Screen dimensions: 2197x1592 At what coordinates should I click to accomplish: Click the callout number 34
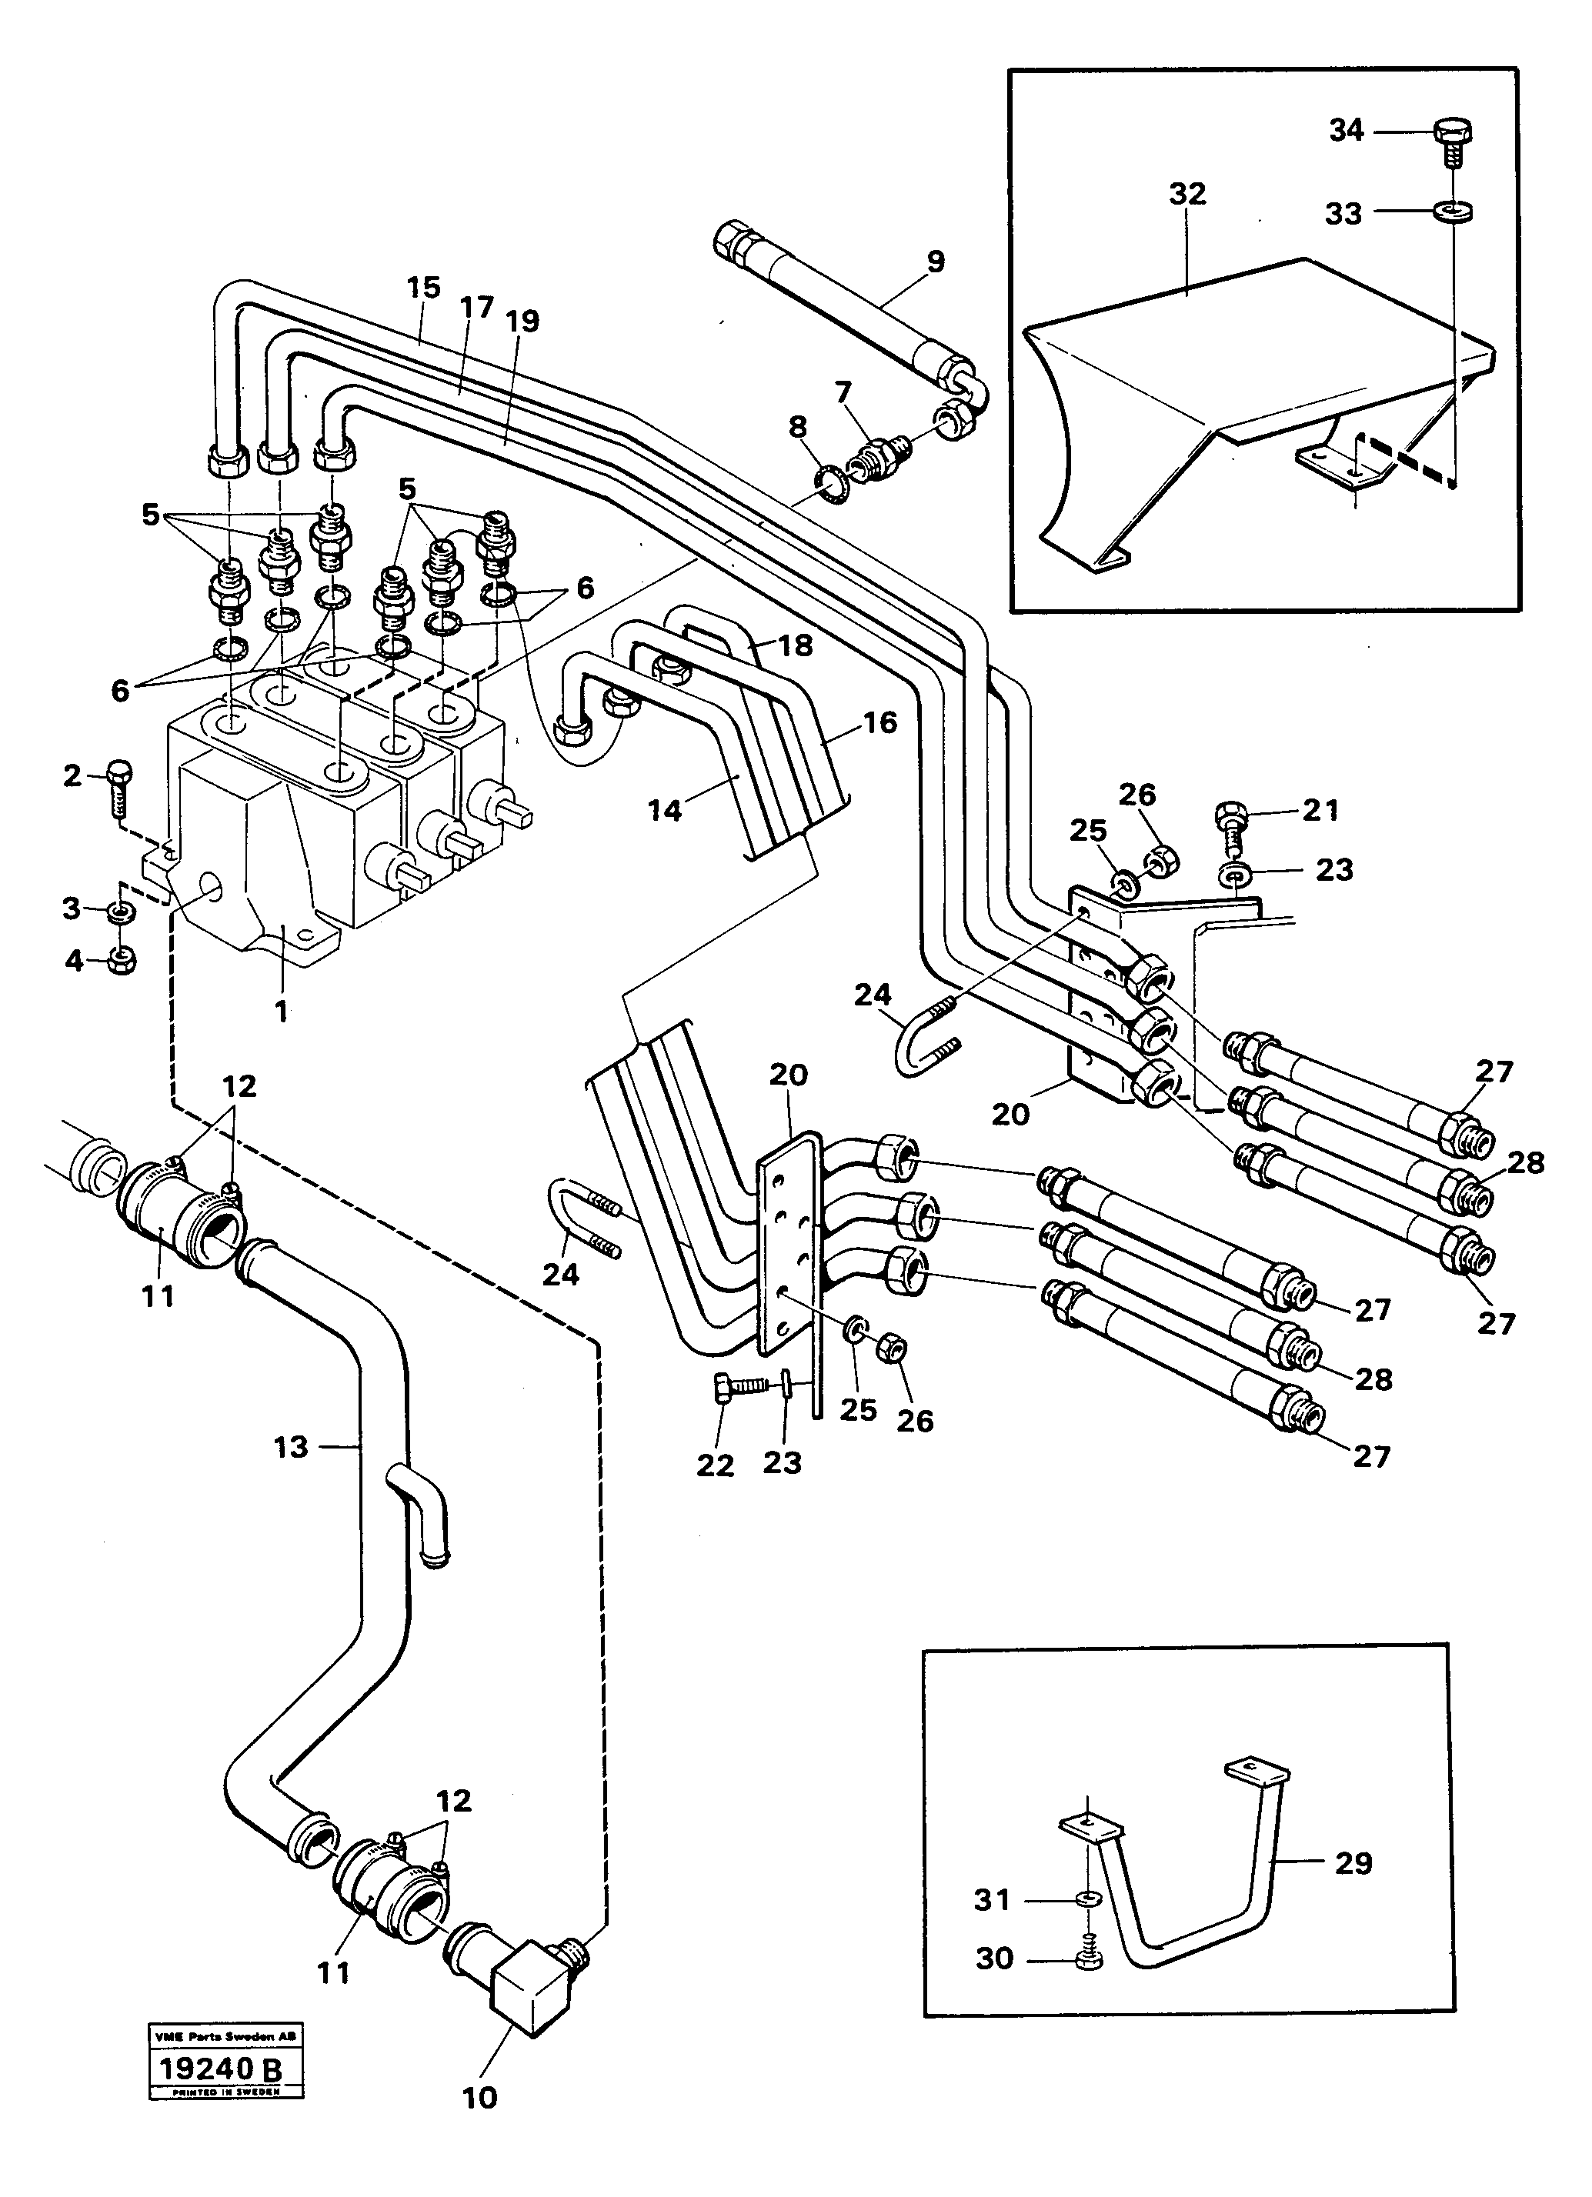1346,130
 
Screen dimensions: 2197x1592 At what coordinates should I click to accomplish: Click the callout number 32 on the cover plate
1187,194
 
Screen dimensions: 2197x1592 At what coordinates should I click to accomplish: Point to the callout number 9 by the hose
935,262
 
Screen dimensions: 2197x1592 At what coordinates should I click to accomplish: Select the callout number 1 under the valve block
281,1012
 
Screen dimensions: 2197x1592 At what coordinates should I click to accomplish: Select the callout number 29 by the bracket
1353,1863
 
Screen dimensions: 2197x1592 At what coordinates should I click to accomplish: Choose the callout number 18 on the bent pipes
796,645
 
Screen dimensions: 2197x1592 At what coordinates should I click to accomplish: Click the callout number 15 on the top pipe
423,288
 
